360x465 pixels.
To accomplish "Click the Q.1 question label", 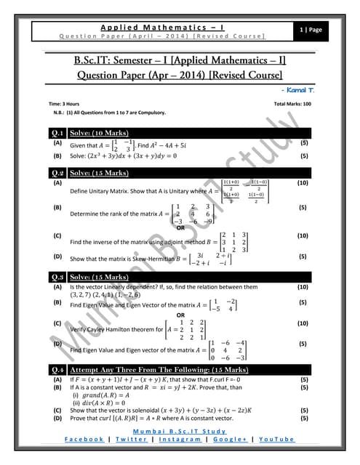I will click(57, 133).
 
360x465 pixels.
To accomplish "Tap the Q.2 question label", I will click(57, 173).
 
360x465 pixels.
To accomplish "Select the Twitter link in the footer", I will click(130, 439).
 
